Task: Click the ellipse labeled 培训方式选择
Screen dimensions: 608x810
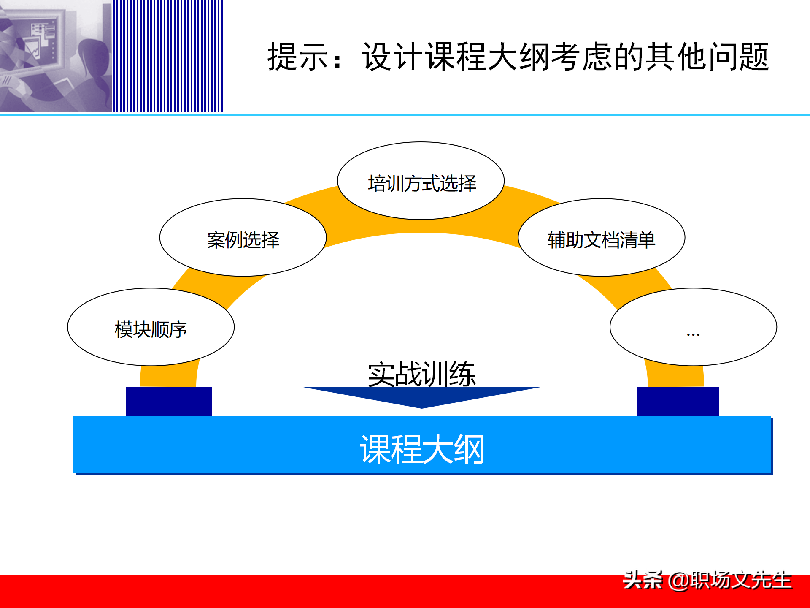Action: click(421, 182)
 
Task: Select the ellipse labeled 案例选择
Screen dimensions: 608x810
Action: click(243, 239)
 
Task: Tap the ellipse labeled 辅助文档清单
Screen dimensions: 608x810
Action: click(601, 239)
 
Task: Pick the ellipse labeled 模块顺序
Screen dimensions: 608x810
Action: click(151, 328)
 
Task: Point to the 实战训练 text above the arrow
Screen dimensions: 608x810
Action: click(421, 374)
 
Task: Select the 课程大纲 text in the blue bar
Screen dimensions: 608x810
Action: click(422, 450)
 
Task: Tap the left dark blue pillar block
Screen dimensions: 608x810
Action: click(169, 401)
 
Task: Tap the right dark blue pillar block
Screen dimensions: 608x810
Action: click(678, 401)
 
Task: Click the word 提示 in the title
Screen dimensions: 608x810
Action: click(298, 57)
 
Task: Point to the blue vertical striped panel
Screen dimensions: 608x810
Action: click(167, 56)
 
